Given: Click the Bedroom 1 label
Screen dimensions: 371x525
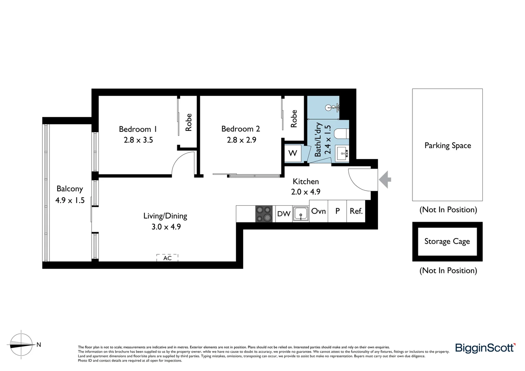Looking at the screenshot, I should pos(138,129).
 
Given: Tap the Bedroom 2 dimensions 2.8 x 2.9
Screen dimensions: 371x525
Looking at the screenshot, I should pos(241,140).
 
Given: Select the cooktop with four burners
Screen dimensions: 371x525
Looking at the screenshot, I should pos(264,214).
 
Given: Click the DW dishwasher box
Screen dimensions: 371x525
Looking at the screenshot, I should pos(284,214).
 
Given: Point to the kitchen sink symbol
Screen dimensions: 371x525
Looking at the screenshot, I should pos(301,214).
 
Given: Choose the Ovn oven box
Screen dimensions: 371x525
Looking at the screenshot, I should pos(319,211).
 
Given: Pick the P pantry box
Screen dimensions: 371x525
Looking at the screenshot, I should pos(337,211).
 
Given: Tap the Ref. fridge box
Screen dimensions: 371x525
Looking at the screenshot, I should pos(356,211).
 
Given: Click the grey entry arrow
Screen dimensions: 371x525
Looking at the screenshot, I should pos(385,179).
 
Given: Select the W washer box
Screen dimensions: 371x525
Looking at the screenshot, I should pos(293,153).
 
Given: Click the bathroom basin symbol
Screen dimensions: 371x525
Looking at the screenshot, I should pos(342,153).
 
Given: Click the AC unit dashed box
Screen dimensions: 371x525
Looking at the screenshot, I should pos(167,258).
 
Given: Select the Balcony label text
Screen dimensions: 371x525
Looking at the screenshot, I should pos(70,189).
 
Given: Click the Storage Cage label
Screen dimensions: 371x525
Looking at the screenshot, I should pos(447,241).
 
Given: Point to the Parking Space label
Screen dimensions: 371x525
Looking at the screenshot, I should pos(447,145).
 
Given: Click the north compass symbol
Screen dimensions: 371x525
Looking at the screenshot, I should pos(22,345).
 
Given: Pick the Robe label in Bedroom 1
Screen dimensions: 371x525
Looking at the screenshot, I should pos(188,122).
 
